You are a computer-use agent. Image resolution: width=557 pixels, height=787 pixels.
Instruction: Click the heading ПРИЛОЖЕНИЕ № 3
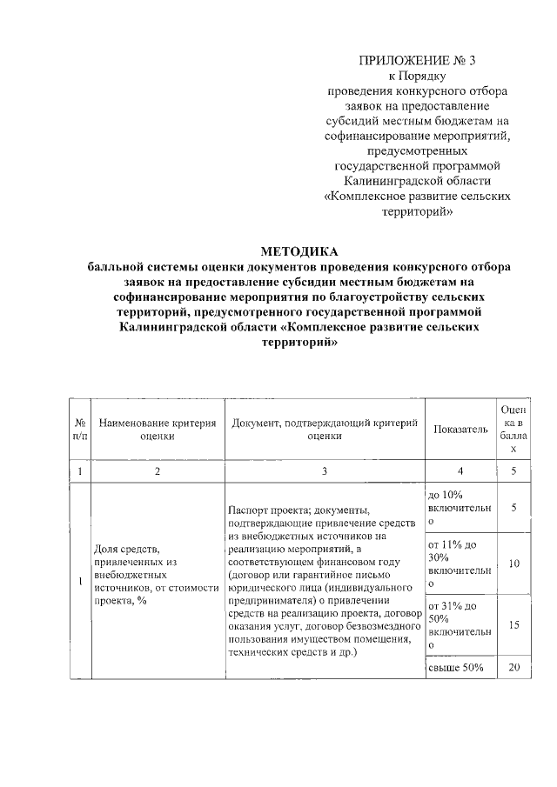coord(418,61)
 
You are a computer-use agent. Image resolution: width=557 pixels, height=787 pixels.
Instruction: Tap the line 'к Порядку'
coord(418,77)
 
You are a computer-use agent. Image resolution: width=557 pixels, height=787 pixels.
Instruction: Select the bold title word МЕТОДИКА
coord(299,251)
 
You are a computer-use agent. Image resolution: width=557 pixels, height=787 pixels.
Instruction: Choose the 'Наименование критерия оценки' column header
coord(157,430)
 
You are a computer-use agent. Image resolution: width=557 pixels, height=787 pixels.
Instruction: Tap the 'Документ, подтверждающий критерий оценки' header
coord(324,430)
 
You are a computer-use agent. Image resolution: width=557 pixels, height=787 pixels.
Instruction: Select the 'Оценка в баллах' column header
coord(513,430)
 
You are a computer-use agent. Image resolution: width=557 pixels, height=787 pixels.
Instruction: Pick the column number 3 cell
coord(324,471)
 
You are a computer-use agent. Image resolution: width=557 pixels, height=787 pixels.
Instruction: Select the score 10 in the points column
coord(513,564)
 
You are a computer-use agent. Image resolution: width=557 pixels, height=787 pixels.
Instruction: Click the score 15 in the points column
coord(513,624)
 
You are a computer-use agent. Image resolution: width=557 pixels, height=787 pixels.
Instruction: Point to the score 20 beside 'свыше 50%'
coord(513,667)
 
